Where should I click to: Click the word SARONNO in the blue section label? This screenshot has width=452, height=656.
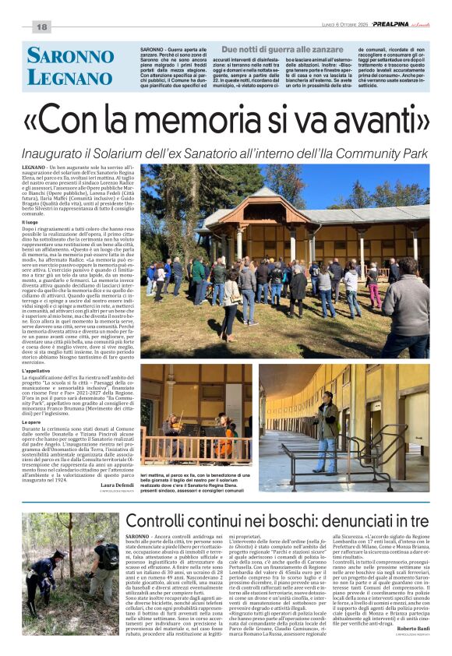pos(70,55)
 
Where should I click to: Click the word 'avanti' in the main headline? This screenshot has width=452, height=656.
pos(380,118)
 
